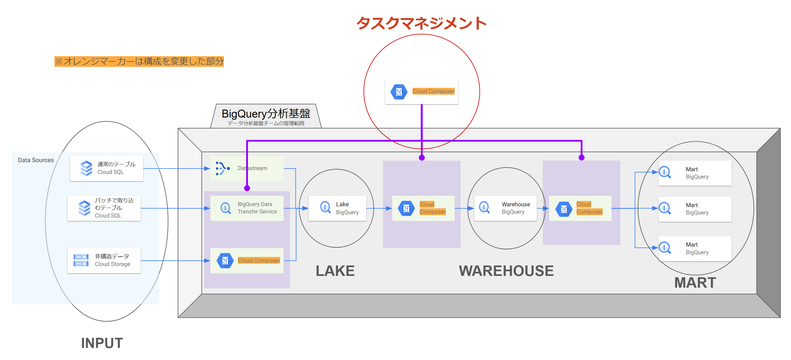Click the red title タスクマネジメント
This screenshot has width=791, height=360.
421,23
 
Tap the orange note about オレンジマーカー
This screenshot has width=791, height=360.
139,61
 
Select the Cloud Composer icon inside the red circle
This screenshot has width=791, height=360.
399,92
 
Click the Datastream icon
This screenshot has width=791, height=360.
223,168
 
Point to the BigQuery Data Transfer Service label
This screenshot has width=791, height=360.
257,208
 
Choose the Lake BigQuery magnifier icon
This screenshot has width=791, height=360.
325,207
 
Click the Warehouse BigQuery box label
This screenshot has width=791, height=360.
516,208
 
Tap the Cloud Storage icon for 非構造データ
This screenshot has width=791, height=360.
81,260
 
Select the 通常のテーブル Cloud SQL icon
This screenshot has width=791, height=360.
86,168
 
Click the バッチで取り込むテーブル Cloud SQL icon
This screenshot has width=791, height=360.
84,208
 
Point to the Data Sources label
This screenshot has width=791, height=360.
36,160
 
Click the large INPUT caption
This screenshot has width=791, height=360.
102,343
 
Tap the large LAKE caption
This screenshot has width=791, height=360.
335,271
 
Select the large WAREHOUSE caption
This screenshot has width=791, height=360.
506,271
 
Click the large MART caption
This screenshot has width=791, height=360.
695,282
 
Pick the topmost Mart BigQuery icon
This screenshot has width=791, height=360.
665,172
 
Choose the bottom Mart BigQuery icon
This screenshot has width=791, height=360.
665,248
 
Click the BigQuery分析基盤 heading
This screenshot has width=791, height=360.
266,113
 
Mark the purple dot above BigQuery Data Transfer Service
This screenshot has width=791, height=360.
247,188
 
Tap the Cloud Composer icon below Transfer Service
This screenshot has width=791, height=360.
225,261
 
